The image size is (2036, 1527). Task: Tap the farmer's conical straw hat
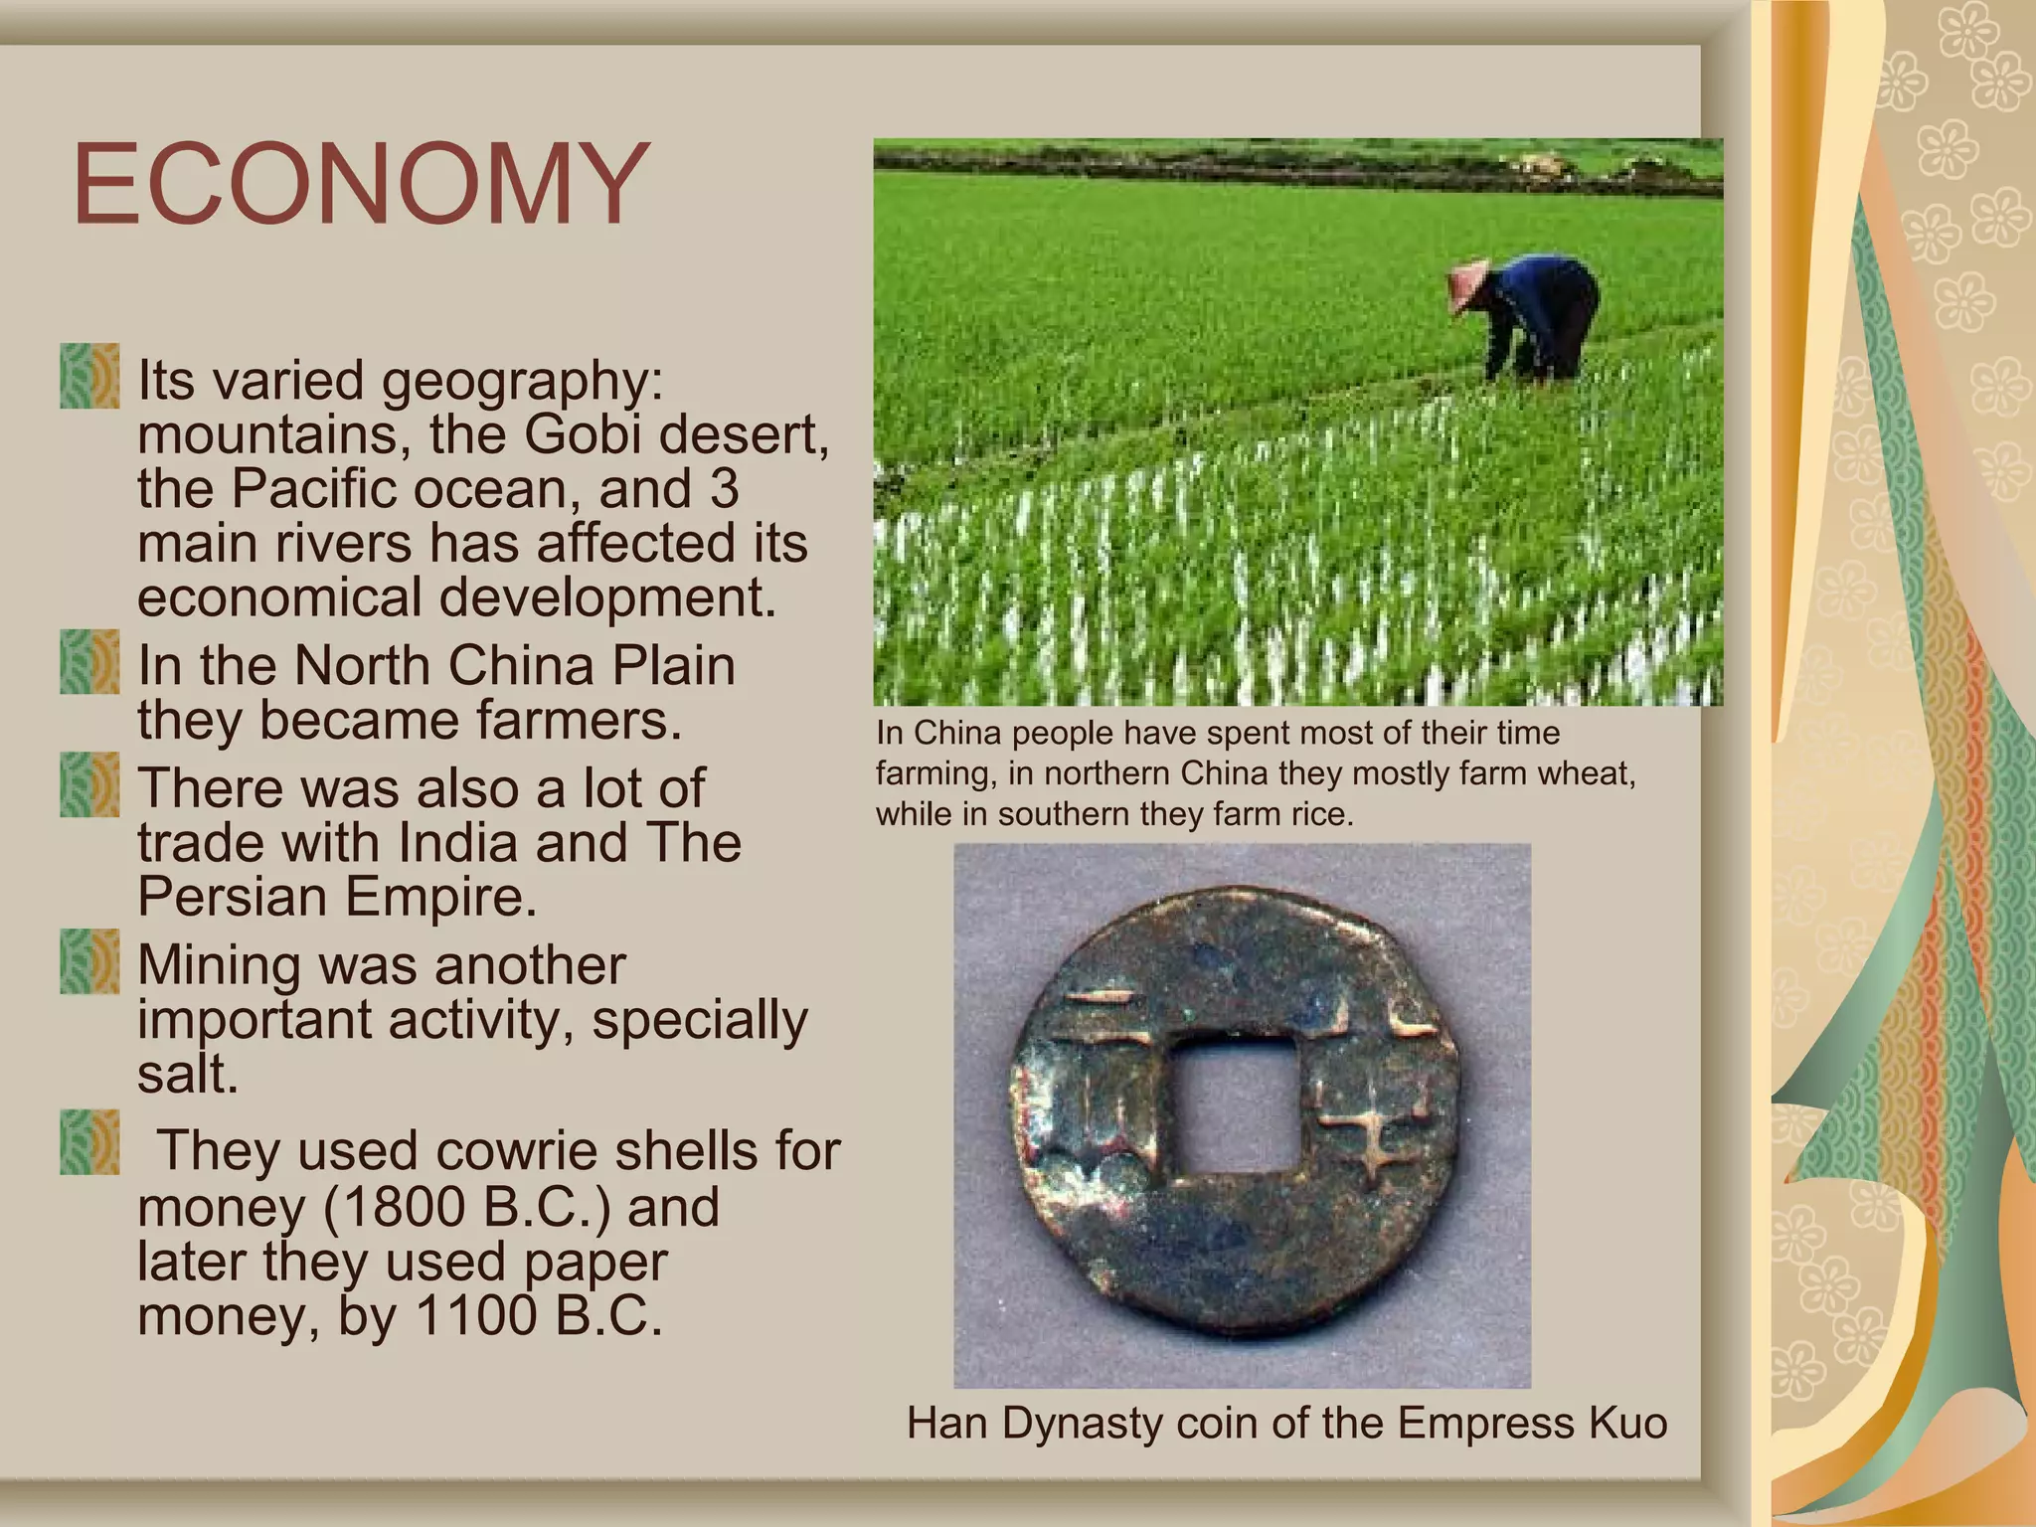coord(1467,281)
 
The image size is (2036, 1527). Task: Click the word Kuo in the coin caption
coord(1627,1423)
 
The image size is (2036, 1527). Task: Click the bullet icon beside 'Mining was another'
coord(89,961)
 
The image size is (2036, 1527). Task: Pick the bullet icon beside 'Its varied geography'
coord(89,377)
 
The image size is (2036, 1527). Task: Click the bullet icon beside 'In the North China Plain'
coord(89,662)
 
